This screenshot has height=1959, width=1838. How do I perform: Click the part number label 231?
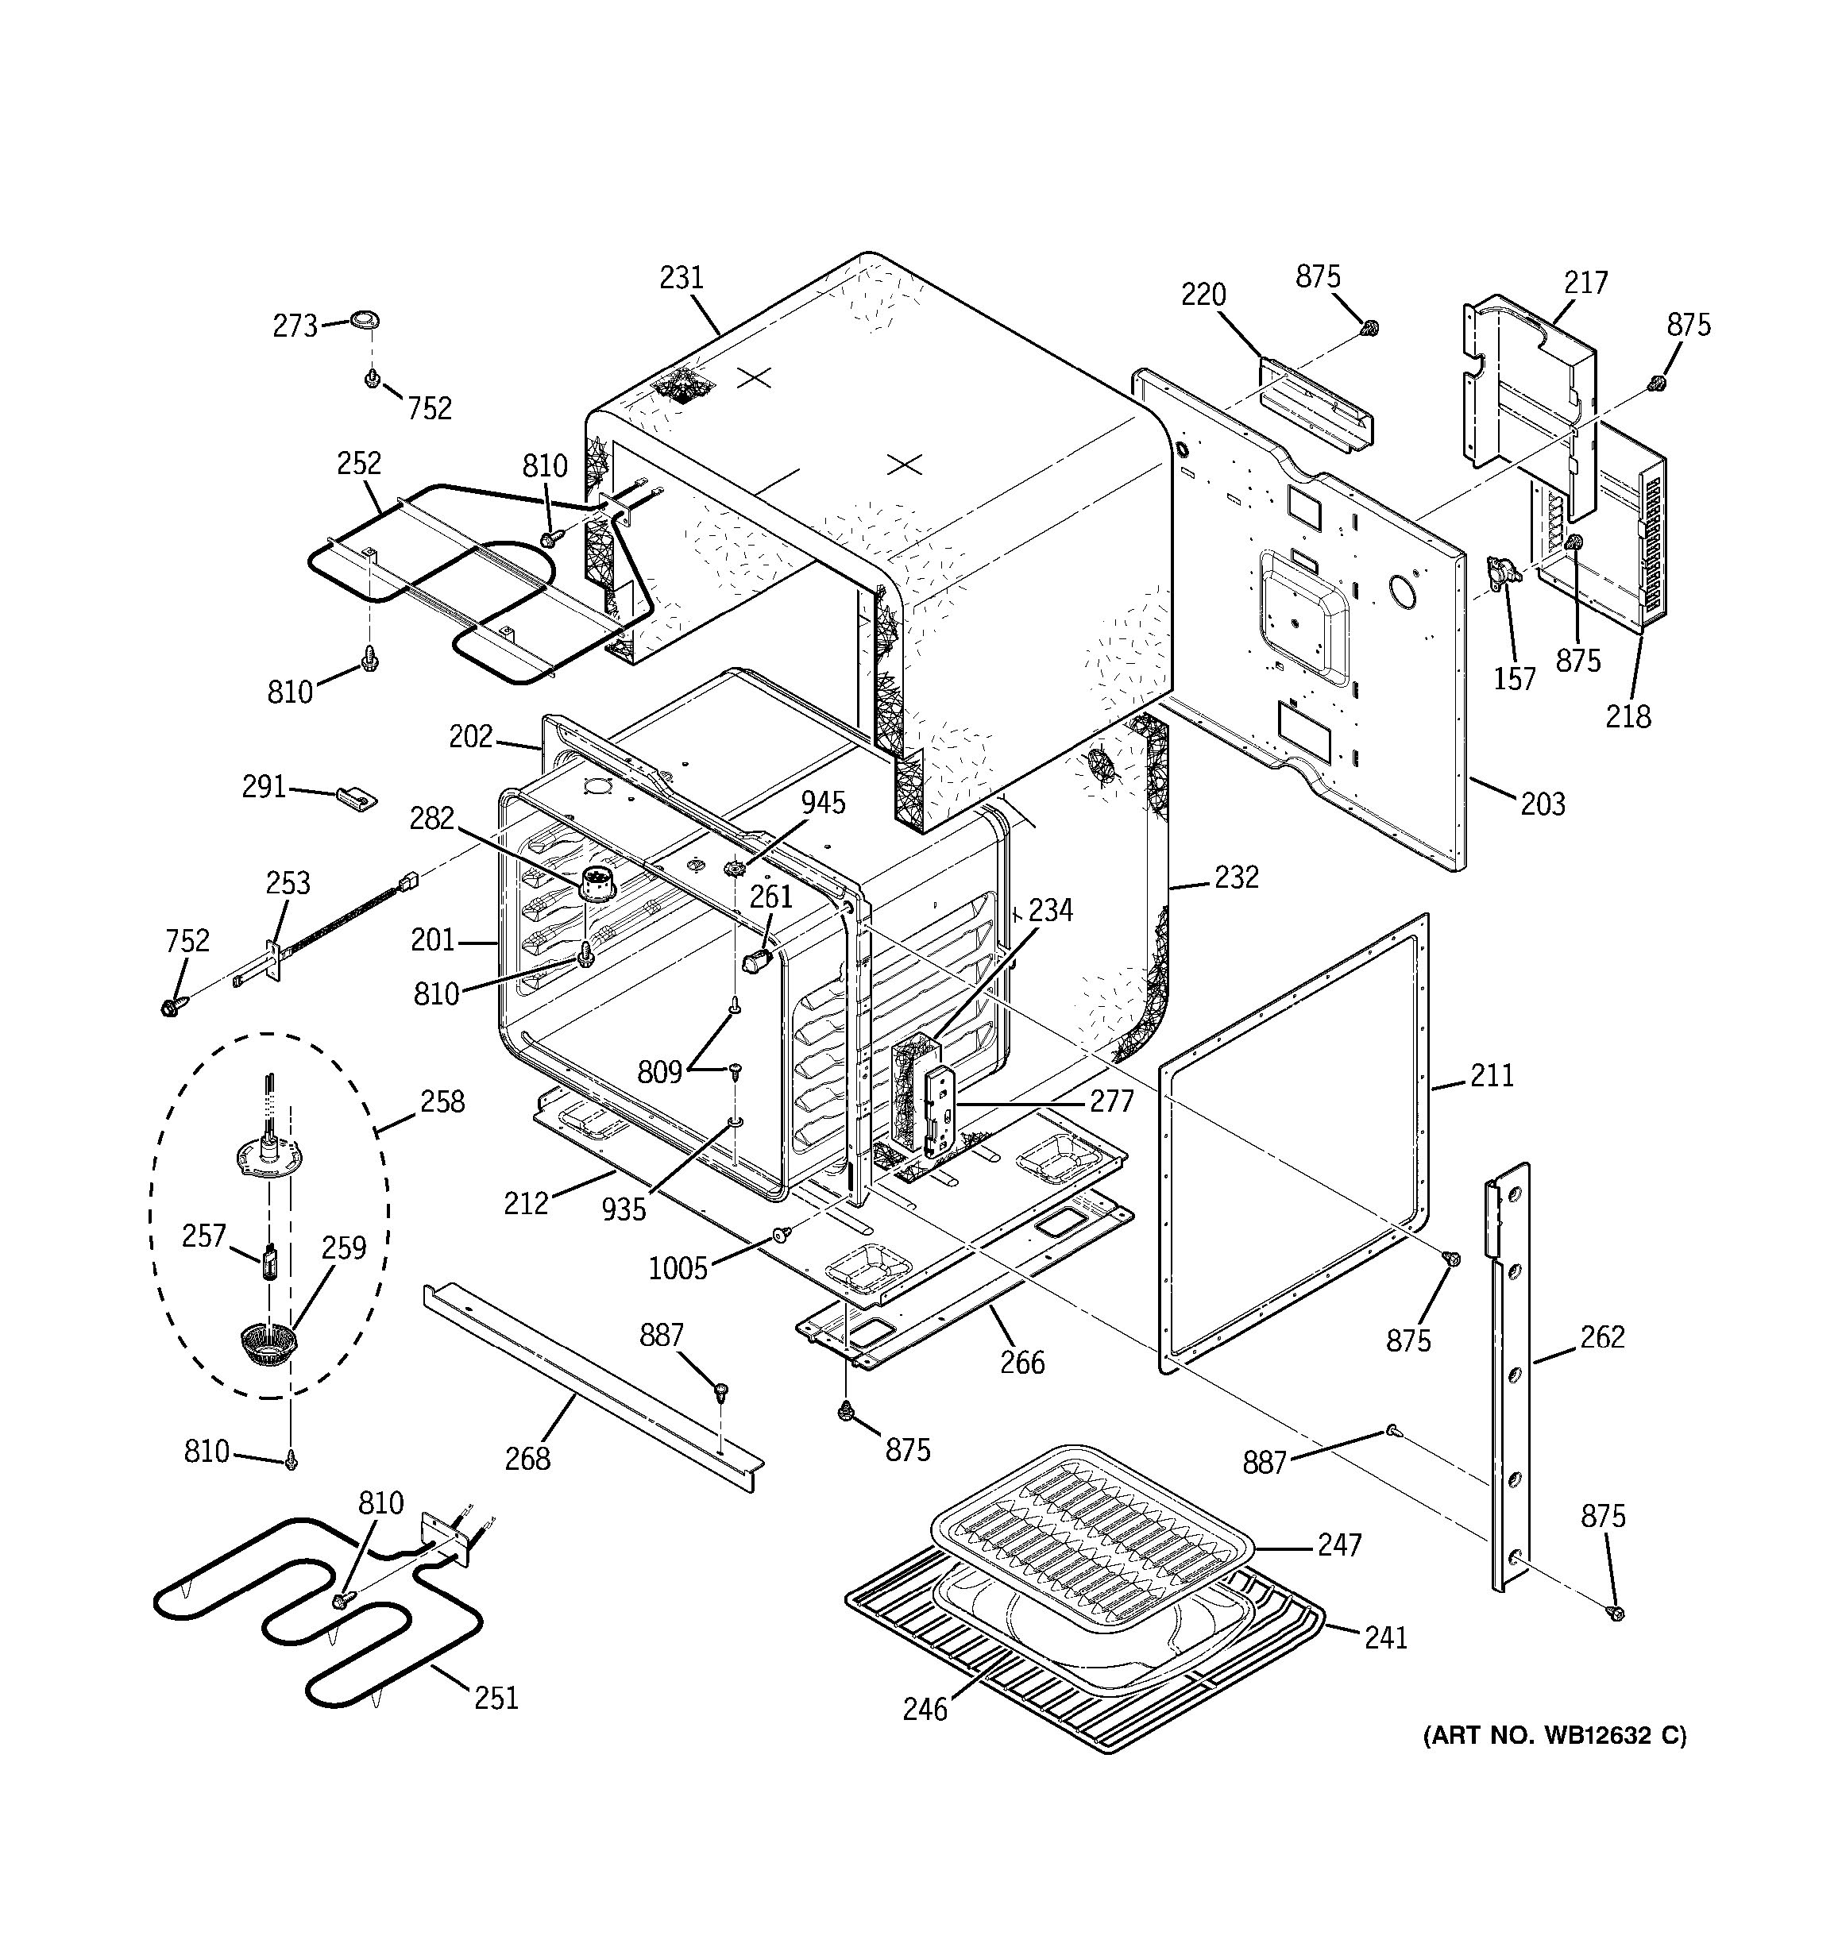click(681, 278)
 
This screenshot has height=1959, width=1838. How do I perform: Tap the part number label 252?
click(359, 463)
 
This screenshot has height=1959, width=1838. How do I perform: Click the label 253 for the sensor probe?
click(288, 883)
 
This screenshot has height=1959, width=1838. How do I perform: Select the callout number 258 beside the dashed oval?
click(442, 1101)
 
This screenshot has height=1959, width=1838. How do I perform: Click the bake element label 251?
click(496, 1699)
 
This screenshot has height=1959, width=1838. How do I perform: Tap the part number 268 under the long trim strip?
click(527, 1459)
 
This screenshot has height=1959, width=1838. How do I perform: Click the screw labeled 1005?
click(781, 1235)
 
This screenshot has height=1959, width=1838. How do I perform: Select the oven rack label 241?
click(1385, 1637)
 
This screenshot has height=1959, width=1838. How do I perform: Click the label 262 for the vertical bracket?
click(1601, 1337)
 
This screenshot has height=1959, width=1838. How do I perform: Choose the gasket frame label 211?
click(1492, 1076)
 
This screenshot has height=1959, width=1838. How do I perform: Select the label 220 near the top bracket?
click(1203, 295)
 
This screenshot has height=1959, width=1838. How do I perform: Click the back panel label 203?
click(1543, 805)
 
